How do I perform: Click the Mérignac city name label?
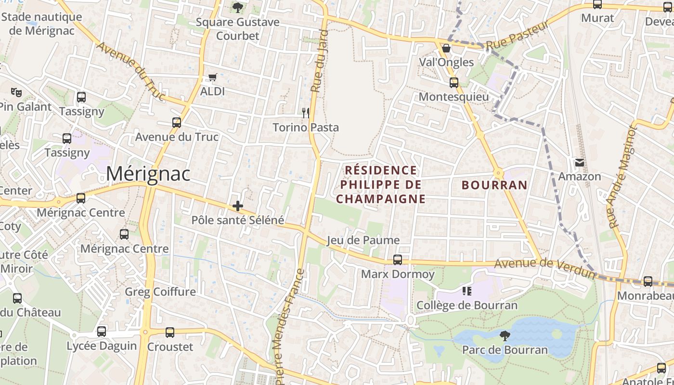point(148,174)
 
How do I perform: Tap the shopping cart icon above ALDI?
point(213,77)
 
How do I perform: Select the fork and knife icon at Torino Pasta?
point(305,113)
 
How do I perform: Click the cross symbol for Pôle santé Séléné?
point(237,206)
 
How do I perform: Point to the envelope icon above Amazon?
point(579,163)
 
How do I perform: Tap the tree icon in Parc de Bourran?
point(505,335)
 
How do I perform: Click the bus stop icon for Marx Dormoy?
point(397,260)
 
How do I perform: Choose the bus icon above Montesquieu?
point(454,83)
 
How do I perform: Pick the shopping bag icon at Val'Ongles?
point(446,48)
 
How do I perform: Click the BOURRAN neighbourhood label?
point(494,185)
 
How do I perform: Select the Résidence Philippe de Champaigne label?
point(380,184)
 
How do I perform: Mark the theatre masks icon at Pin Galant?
point(16,91)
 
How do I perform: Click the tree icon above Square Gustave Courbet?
point(237,7)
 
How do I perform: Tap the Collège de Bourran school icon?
point(466,291)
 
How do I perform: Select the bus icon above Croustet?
point(169,333)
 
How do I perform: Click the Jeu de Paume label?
point(363,240)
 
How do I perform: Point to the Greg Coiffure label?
point(160,292)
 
